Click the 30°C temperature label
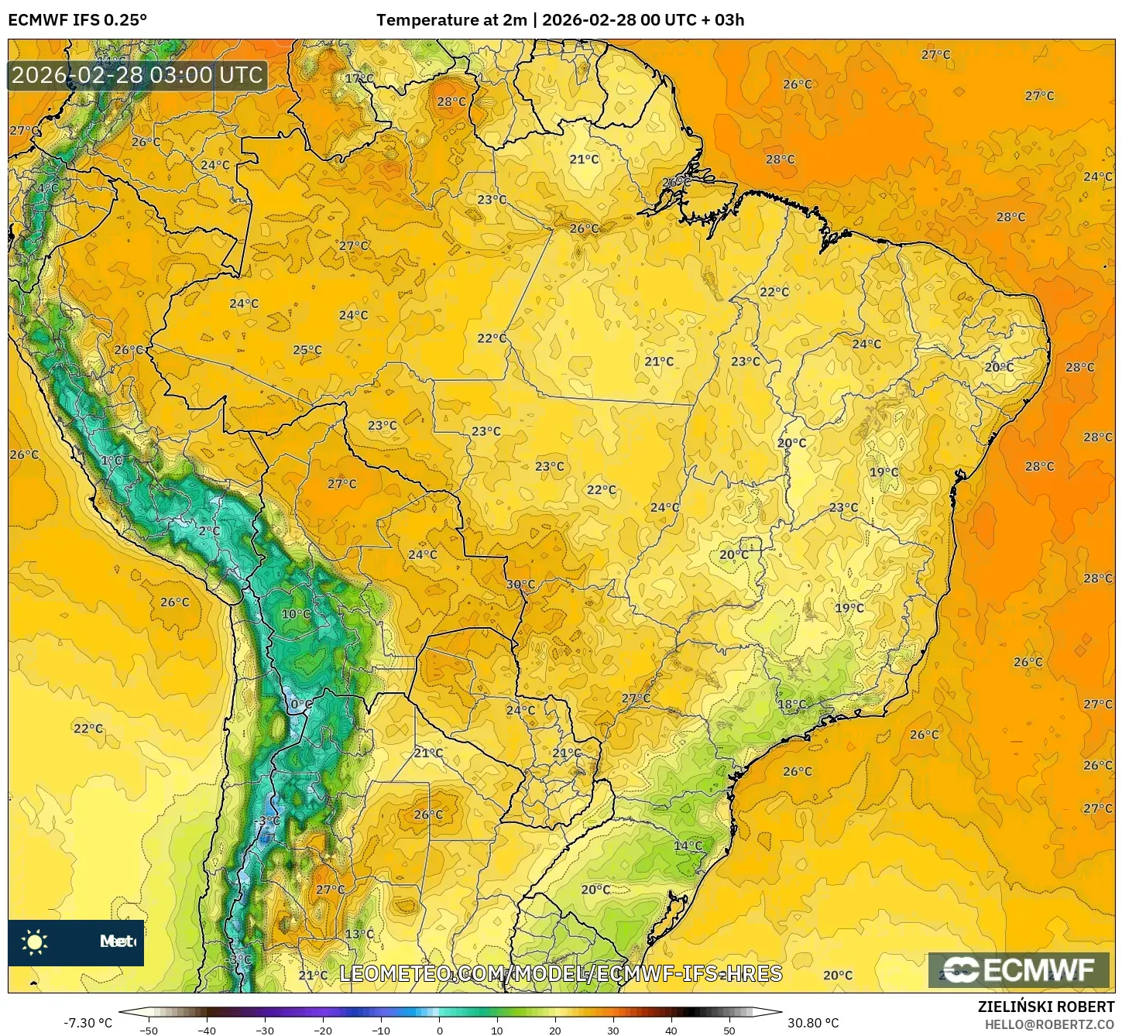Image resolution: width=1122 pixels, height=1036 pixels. point(520,585)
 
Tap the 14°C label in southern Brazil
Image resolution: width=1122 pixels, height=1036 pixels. point(688,846)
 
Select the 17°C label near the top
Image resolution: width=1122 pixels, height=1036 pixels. point(359,79)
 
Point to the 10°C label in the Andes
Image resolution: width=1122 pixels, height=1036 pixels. point(296,614)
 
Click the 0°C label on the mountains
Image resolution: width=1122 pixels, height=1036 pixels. point(301,705)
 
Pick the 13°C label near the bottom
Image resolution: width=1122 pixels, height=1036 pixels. point(359,934)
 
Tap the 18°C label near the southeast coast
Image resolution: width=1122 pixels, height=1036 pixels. point(792,705)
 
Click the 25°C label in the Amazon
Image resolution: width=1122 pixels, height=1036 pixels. point(307,350)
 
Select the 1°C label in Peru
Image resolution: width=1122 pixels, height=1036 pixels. point(112,461)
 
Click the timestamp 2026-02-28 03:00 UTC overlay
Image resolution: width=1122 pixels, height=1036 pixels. point(138,75)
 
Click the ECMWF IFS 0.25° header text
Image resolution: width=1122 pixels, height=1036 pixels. point(77,20)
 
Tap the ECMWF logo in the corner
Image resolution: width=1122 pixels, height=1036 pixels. point(1019,969)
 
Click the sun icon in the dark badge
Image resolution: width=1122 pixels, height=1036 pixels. point(35,942)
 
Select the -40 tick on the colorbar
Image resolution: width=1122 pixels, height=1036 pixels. point(207,1031)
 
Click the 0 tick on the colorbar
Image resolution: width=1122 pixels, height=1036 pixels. point(439,1031)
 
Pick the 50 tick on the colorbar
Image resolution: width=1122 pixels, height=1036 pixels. point(729,1031)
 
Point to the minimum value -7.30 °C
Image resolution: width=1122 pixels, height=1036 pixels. point(87,1023)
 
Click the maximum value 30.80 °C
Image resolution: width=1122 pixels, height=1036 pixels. point(813,1023)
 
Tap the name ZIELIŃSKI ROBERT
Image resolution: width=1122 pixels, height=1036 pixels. point(1045,1007)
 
